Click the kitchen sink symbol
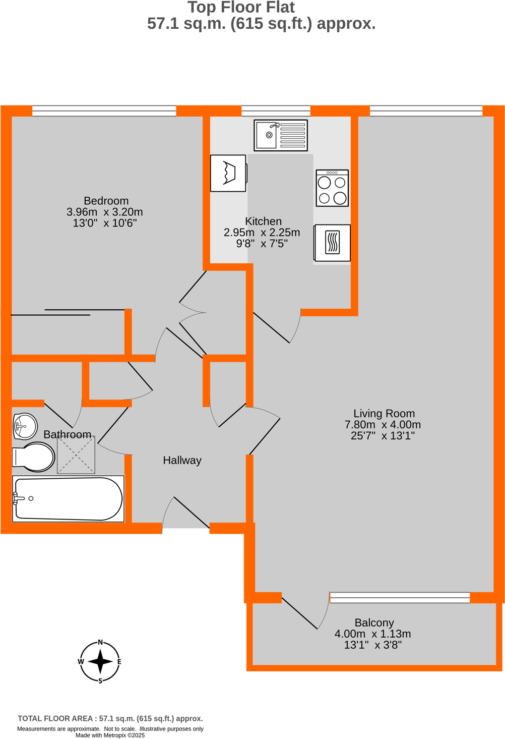281,135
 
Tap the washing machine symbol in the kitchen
228,173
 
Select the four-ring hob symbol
332,188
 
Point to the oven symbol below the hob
332,243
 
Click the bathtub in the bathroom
69,499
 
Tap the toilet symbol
34,457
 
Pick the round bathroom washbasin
25,426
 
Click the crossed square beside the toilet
76,456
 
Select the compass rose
100,661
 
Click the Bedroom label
106,201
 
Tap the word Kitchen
263,221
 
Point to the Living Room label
384,414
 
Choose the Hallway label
182,460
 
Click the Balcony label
374,622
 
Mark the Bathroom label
67,434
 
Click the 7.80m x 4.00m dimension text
383,425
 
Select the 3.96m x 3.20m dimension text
105,212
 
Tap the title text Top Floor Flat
241,8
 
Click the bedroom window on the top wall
104,111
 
